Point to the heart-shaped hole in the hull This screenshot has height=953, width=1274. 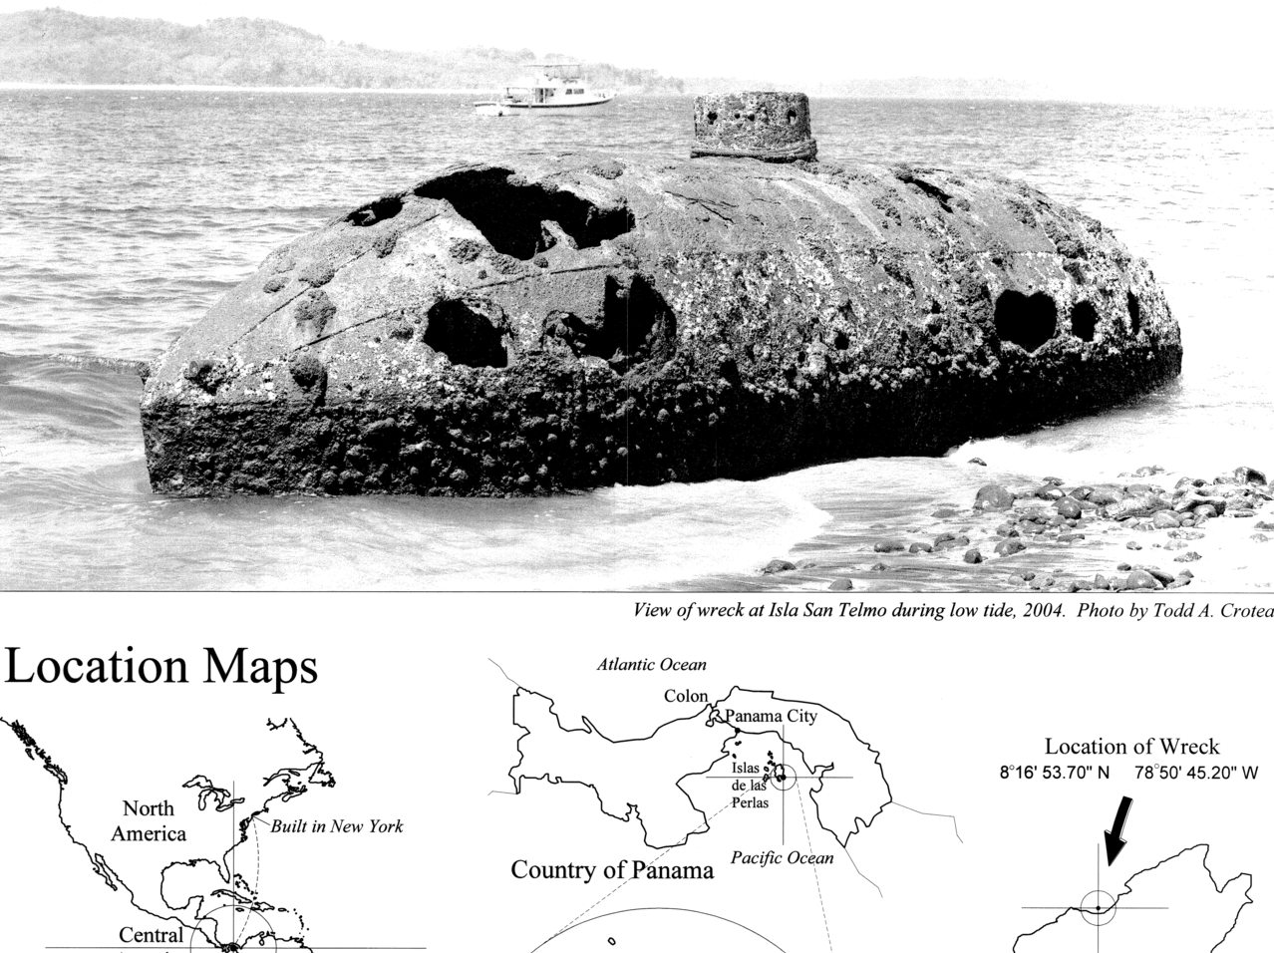tap(1024, 316)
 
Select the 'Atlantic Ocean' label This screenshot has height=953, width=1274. tap(651, 664)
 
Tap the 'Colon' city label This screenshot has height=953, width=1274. tap(686, 696)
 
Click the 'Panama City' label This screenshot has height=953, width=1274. tap(771, 716)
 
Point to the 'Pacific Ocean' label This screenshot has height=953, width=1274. tap(783, 857)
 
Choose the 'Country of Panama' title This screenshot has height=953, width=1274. tap(612, 870)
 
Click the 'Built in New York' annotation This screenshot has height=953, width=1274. tap(337, 825)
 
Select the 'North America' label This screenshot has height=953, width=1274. tap(149, 819)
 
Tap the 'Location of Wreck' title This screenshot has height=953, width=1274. tap(1131, 746)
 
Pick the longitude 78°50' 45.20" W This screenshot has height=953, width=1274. tap(1196, 772)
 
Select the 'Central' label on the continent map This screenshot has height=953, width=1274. tap(151, 935)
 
